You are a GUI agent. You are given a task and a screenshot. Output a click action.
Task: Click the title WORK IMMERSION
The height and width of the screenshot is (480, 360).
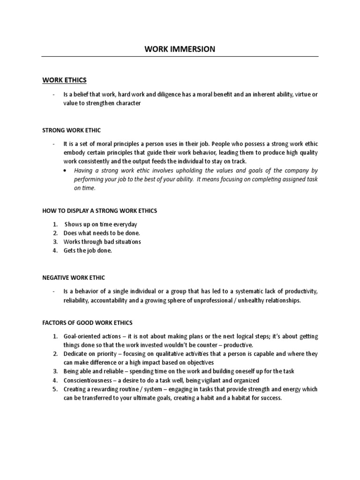pos(180,49)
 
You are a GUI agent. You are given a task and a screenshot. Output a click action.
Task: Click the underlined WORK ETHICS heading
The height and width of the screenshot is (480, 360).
pos(65,80)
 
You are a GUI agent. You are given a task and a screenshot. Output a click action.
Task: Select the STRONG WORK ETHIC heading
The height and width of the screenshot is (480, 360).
pos(71,130)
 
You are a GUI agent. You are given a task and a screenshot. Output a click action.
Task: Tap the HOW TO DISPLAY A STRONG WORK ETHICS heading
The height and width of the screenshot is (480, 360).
pos(99,211)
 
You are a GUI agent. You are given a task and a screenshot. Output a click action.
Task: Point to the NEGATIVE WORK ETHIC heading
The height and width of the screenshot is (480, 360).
pos(74,277)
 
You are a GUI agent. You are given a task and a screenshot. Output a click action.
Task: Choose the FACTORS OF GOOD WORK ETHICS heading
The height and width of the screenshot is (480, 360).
pos(87,322)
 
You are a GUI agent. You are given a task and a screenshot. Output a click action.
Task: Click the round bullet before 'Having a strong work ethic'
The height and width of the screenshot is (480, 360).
pos(64,171)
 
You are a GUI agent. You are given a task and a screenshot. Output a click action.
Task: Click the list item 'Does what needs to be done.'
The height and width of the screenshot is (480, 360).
pos(102,233)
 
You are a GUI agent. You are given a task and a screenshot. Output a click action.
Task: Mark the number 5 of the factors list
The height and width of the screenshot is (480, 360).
pos(54,389)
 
